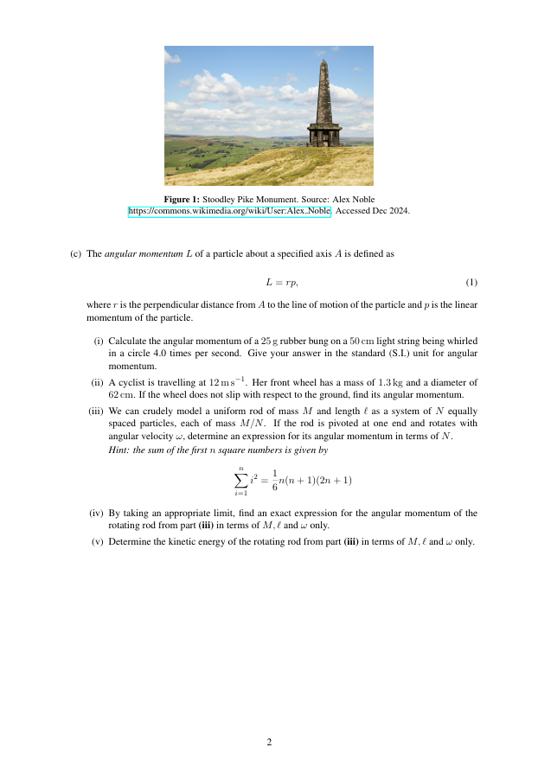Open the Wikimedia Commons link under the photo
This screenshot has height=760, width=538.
point(229,210)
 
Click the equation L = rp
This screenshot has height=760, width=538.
point(282,283)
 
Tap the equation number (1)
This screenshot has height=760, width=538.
point(471,283)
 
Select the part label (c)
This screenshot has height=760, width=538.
point(75,254)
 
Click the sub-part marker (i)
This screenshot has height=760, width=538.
point(99,342)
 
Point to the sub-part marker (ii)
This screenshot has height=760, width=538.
point(97,381)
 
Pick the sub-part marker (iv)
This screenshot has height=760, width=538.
point(96,514)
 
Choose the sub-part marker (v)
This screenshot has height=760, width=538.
point(98,541)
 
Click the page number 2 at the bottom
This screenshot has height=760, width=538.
point(269,742)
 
